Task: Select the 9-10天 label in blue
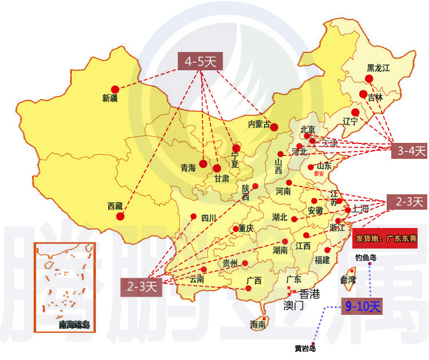[363, 306]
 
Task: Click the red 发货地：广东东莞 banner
[386, 238]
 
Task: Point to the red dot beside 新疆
[115, 89]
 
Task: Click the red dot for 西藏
[120, 217]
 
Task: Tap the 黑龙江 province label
[378, 67]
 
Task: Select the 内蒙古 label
[259, 123]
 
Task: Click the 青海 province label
[188, 167]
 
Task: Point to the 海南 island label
[258, 325]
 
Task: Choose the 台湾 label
[348, 280]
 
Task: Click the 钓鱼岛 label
[366, 258]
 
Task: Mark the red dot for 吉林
[363, 94]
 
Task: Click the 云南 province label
[196, 279]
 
